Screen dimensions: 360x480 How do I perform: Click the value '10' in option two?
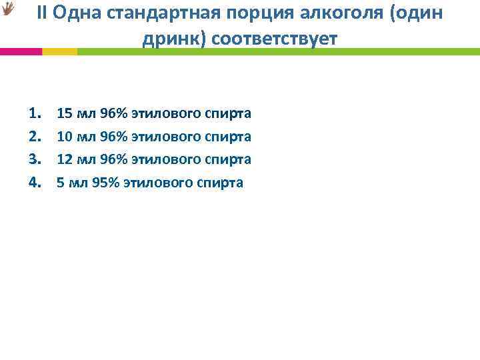click(x=65, y=137)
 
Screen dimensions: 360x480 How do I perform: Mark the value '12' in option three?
click(x=65, y=159)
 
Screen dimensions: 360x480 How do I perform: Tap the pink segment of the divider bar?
click(x=21, y=51)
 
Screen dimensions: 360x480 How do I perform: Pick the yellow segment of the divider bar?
click(x=59, y=51)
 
